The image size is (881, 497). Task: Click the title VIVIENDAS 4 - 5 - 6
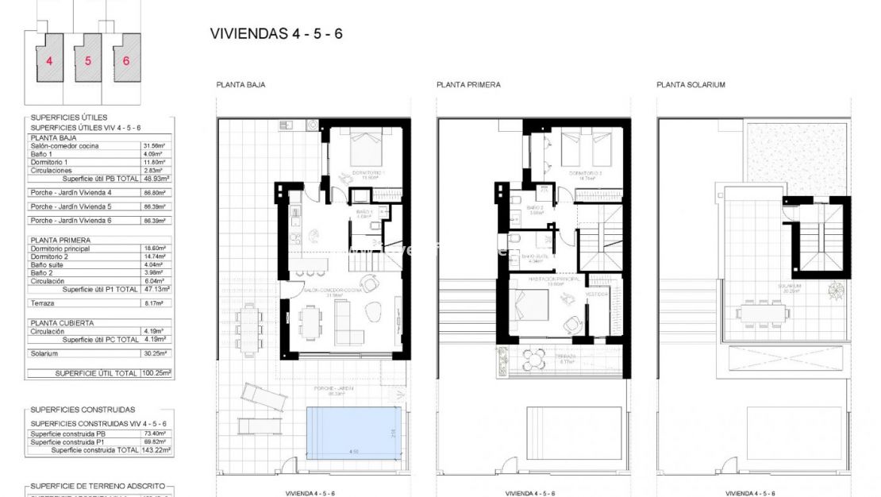pos(276,34)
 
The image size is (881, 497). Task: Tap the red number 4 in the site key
pos(49,60)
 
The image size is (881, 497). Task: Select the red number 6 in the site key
pos(125,60)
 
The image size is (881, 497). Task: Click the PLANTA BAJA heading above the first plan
pos(240,85)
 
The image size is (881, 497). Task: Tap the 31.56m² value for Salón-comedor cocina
pos(152,145)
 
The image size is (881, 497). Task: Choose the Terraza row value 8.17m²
pos(152,303)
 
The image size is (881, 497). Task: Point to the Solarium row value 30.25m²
pos(152,353)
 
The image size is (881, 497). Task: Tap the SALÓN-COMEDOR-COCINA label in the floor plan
pos(333,290)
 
